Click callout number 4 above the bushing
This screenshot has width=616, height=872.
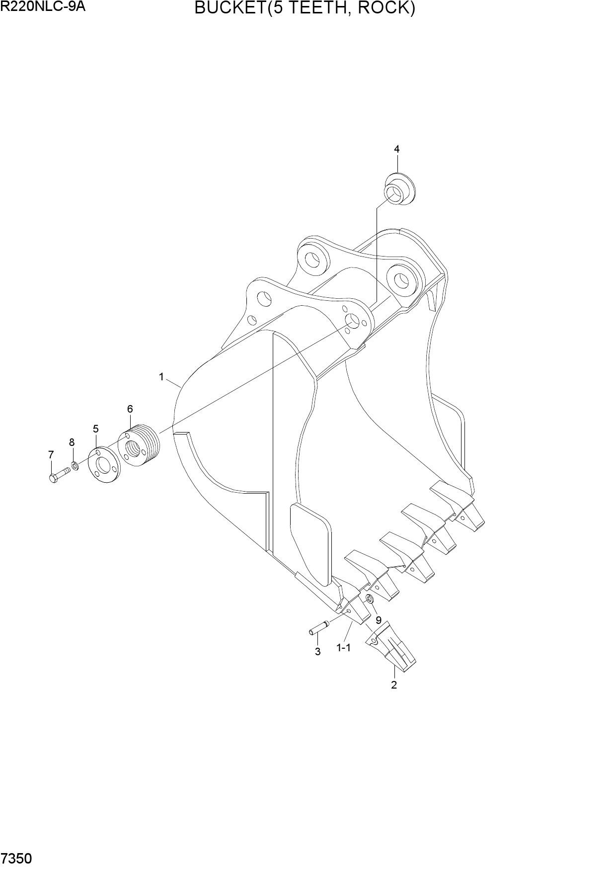pos(397,149)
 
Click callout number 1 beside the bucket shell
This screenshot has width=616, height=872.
pos(161,377)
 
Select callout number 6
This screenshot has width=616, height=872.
pos(130,409)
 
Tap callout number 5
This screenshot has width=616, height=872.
pos(95,429)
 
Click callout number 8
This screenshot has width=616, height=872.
pos(72,442)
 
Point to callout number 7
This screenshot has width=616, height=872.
pos(51,454)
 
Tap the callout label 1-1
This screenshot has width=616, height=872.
pos(344,648)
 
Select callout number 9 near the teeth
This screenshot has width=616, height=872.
pos(379,620)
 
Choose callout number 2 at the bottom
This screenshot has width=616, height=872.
pos(394,685)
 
